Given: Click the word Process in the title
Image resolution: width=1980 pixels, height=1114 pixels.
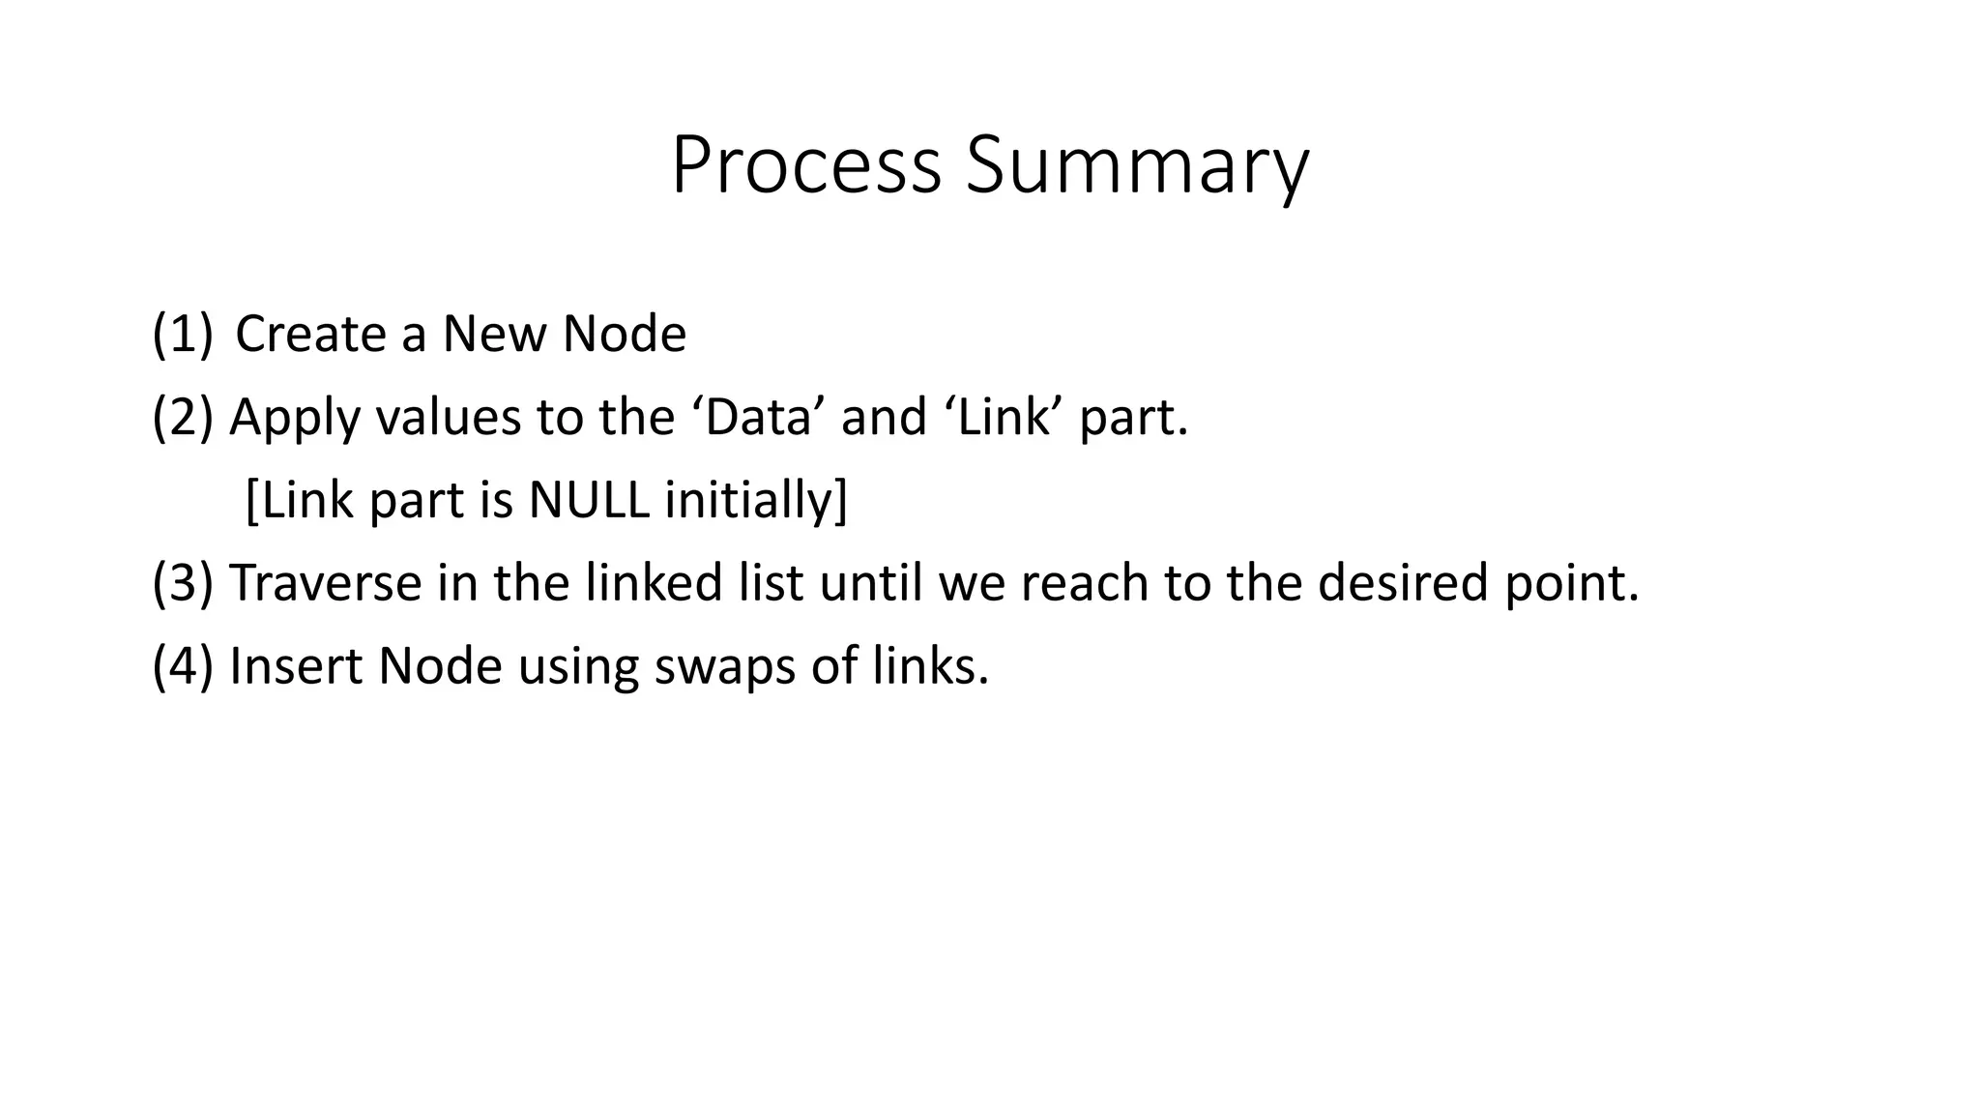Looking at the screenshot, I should [805, 166].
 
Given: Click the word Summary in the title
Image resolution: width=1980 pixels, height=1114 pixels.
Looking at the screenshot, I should [1137, 166].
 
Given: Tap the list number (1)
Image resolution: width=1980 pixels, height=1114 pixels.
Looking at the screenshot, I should [182, 334].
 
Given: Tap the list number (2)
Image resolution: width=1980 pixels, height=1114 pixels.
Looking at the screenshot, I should [182, 417].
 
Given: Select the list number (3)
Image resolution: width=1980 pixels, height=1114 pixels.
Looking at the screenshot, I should [182, 583].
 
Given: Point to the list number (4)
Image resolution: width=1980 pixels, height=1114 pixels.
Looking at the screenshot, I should [182, 666].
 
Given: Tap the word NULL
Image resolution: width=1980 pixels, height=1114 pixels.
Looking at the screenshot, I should [588, 500].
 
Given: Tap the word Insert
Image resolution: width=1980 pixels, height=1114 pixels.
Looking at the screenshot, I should [295, 666].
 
